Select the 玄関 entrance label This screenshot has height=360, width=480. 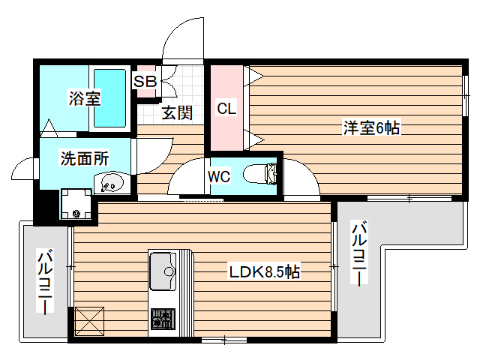178,112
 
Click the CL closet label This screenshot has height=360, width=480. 226,108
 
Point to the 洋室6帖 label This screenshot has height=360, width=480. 371,128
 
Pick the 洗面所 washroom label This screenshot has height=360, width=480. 85,158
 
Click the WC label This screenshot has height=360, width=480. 219,177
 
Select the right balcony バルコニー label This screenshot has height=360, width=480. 360,253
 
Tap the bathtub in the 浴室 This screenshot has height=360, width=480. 110,98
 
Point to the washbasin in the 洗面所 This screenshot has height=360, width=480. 110,181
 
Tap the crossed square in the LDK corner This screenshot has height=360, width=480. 91,322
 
